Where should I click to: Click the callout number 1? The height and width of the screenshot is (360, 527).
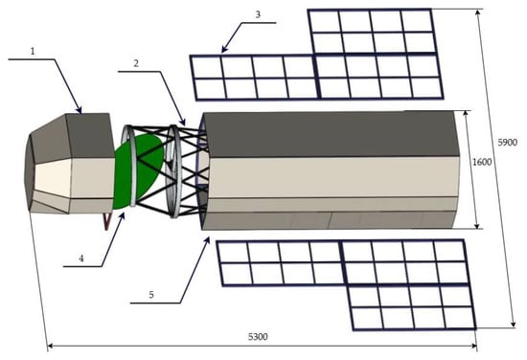click(33, 52)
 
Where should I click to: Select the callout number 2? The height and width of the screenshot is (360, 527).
click(136, 63)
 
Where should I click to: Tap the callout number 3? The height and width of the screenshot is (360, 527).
click(258, 14)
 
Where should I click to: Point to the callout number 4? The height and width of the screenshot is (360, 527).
click(81, 259)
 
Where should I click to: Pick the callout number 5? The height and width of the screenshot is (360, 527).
click(151, 295)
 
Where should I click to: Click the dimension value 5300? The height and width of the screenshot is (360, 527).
click(258, 336)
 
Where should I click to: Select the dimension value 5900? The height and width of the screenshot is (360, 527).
click(507, 143)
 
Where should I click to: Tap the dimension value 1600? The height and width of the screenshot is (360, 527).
click(482, 162)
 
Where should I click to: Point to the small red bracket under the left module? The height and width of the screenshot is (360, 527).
click(107, 221)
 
